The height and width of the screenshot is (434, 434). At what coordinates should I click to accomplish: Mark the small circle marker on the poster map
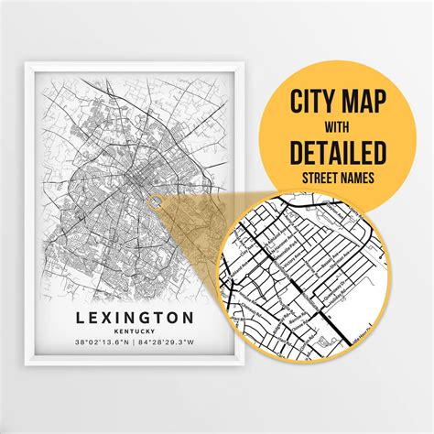tap(156, 201)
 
